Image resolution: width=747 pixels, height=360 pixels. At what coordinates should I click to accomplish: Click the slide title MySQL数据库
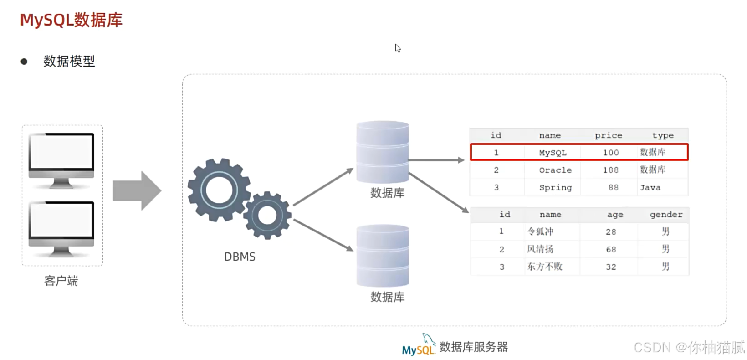coord(71,20)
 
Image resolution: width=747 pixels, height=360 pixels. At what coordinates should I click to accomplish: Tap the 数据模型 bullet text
coord(69,61)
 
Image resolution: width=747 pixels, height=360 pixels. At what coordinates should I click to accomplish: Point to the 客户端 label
coord(61,281)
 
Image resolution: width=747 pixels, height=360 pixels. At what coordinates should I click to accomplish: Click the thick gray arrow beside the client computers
coord(136,190)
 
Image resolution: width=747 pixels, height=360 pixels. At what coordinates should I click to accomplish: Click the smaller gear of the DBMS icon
coord(267,215)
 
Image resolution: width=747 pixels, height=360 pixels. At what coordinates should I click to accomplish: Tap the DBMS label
coord(240,257)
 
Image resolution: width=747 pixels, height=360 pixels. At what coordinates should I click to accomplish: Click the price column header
coord(608,135)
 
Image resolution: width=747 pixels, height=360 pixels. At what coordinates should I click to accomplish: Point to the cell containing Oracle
coord(555,170)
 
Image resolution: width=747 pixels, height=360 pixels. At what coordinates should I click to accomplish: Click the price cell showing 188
coord(610,170)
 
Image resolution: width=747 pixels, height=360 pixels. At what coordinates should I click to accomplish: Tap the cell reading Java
coord(650,188)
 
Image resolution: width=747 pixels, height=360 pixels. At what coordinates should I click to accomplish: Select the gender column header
coord(665,215)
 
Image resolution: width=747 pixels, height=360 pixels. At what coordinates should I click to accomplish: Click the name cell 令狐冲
coord(540,231)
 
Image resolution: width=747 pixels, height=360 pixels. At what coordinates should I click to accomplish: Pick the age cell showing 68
coord(610,249)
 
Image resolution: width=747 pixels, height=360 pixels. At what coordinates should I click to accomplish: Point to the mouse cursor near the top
coord(397,48)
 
